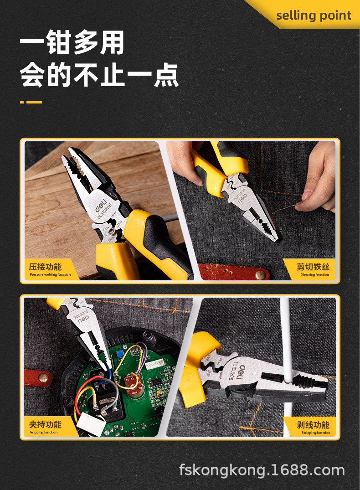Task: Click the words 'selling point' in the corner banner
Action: coord(314,15)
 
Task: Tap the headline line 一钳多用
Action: coord(72,44)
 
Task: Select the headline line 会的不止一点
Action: coord(99,76)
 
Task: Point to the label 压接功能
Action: coord(45,267)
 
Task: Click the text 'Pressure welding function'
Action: coord(50,274)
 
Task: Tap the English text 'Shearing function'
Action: coord(314,274)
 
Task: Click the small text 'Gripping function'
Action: coord(44,432)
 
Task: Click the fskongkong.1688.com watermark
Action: coord(262,470)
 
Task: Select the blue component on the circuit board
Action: coord(120,353)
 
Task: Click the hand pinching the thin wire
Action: coord(319,182)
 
